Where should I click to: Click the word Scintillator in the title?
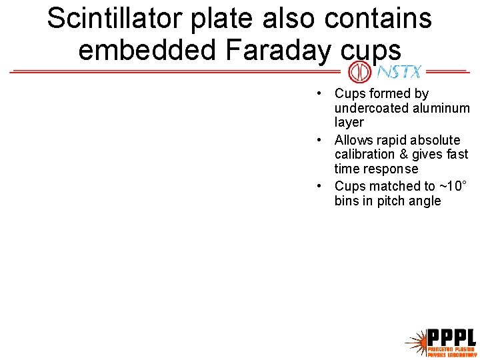point(114,19)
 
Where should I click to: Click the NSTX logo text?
point(399,71)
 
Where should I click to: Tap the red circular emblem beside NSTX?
point(360,71)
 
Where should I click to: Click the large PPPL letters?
point(451,337)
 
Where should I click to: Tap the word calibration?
point(366,155)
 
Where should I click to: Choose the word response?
point(393,169)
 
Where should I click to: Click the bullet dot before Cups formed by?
point(321,94)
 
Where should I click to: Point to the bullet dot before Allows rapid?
point(321,140)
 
